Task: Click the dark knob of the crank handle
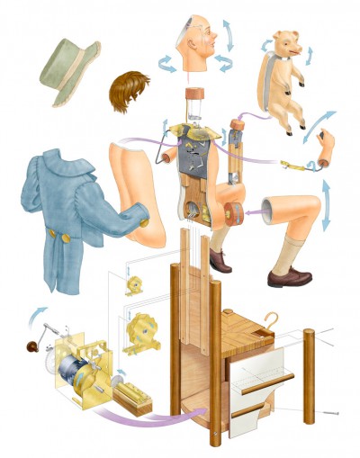pyautogui.click(x=28, y=346)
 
